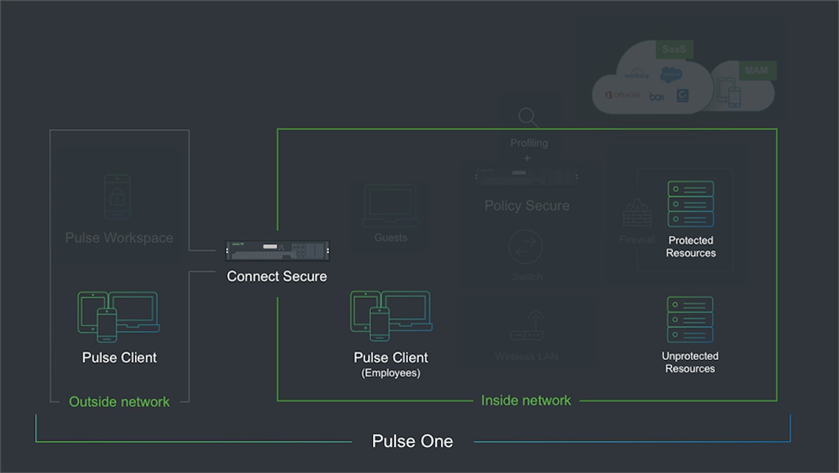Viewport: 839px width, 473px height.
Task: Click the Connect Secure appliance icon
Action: click(277, 250)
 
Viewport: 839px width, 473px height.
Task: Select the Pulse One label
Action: click(412, 441)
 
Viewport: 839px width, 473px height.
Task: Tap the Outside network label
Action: click(119, 401)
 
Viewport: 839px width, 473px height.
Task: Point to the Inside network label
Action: click(526, 401)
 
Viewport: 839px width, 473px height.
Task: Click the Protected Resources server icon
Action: click(691, 204)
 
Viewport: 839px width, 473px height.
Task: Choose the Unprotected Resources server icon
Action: click(690, 319)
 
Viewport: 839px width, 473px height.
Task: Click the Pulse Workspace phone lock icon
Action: click(117, 196)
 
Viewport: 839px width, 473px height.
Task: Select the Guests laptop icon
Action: click(390, 205)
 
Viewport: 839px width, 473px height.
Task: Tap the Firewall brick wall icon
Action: click(636, 213)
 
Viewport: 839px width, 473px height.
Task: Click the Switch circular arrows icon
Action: click(526, 247)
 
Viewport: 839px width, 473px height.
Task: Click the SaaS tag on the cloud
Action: click(674, 49)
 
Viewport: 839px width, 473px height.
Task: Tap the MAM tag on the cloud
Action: click(756, 70)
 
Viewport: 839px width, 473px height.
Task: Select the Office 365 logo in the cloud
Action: click(623, 95)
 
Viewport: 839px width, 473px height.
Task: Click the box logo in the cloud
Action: click(657, 96)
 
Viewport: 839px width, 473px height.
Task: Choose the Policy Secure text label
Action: click(527, 205)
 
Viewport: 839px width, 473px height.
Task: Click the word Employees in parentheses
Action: click(391, 373)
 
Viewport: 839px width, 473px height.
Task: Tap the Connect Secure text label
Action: click(277, 277)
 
